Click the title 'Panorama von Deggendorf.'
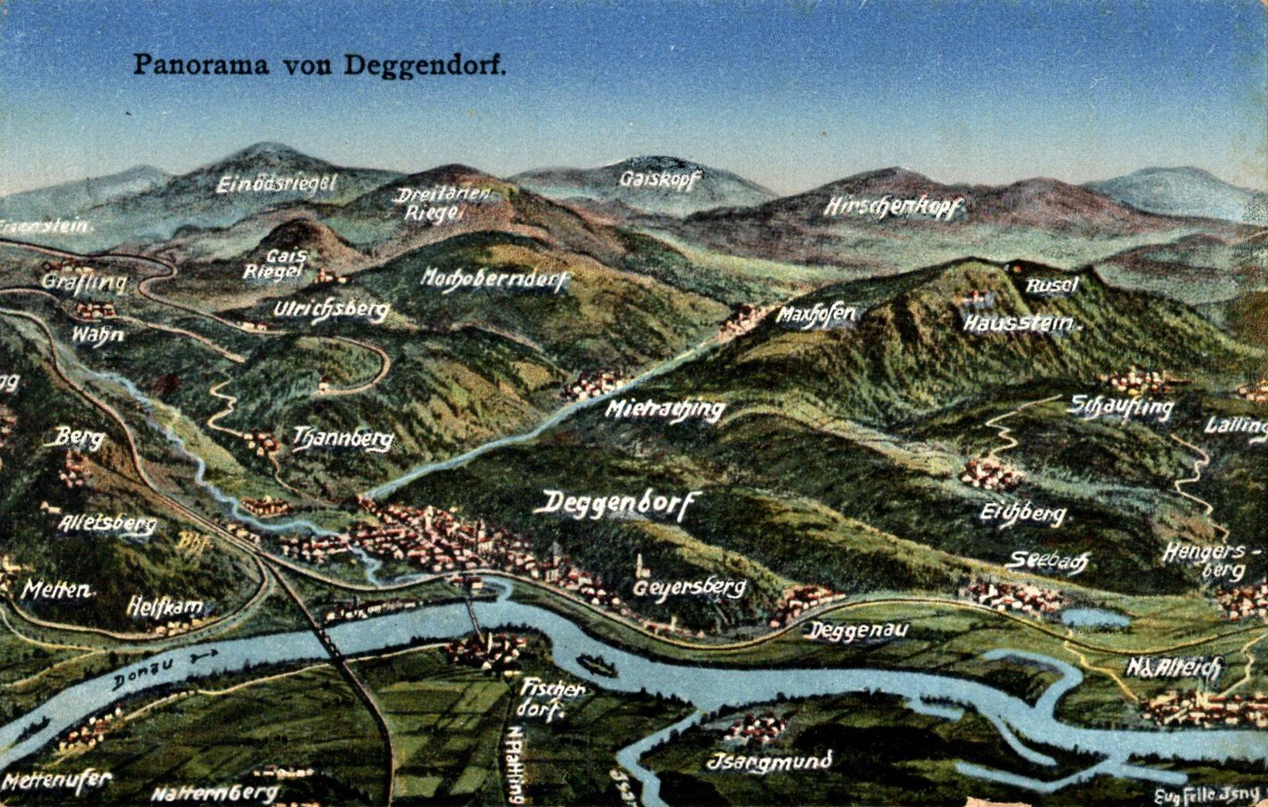coord(320,64)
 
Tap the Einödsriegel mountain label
coord(276,184)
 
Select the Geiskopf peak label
coord(660,179)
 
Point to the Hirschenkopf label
coord(893,207)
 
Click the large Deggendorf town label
coord(615,504)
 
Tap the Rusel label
coord(1051,285)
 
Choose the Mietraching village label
coord(665,409)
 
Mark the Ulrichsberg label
coord(330,310)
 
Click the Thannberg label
coord(343,439)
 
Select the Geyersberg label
coord(689,588)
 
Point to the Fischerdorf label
coord(552,698)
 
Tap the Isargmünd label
coord(770,761)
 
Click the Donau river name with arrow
coord(162,669)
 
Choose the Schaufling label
coord(1121,407)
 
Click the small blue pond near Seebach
coord(1094,618)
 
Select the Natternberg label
coord(214,793)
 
